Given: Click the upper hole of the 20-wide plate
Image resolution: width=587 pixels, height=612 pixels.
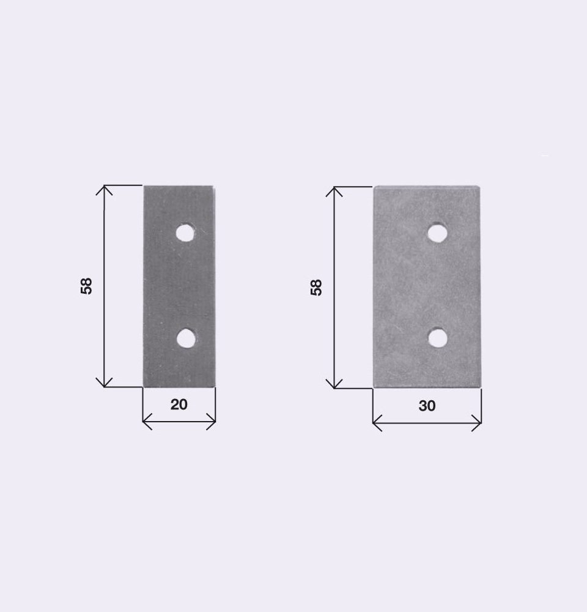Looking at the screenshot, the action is click(185, 233).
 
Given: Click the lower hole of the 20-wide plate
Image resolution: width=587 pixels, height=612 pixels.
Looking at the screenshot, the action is click(186, 338).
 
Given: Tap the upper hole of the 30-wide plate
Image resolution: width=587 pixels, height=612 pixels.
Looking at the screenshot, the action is click(438, 233).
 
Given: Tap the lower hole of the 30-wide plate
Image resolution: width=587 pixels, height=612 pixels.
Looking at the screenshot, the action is click(438, 338).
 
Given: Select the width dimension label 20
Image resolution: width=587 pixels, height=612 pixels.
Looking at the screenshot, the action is click(179, 405).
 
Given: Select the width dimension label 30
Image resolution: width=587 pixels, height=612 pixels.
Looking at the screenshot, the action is click(427, 406).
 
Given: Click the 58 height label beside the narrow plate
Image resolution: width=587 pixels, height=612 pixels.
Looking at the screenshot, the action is click(86, 286).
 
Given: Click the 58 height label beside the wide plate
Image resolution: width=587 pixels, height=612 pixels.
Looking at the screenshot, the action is click(316, 288).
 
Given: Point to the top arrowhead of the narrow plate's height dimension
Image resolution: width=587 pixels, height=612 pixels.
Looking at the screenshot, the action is click(104, 186).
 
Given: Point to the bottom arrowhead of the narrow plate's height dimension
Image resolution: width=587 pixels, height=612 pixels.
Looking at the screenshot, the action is click(104, 386).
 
